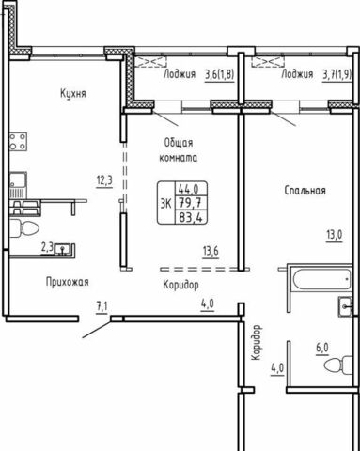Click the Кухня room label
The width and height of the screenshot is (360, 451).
tap(73, 93)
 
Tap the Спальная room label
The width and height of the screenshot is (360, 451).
tap(305, 191)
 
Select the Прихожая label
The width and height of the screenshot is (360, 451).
tap(68, 282)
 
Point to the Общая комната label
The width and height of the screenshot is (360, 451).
tap(179, 150)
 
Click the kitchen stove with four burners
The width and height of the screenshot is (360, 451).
tap(18, 142)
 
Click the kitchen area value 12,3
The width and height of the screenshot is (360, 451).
tap(104, 181)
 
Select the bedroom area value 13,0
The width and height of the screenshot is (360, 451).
tap(335, 235)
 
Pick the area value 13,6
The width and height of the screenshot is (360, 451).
tap(211, 252)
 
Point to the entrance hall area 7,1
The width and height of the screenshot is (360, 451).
tap(102, 307)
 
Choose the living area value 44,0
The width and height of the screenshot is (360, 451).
tap(188, 189)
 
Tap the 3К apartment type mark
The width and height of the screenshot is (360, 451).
tap(165, 204)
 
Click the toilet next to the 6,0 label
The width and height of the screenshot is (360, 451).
tap(337, 365)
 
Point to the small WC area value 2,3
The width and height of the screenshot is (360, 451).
tap(47, 249)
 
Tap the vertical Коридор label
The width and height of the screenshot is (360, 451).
tap(257, 342)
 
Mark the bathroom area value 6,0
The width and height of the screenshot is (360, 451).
tap(321, 348)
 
